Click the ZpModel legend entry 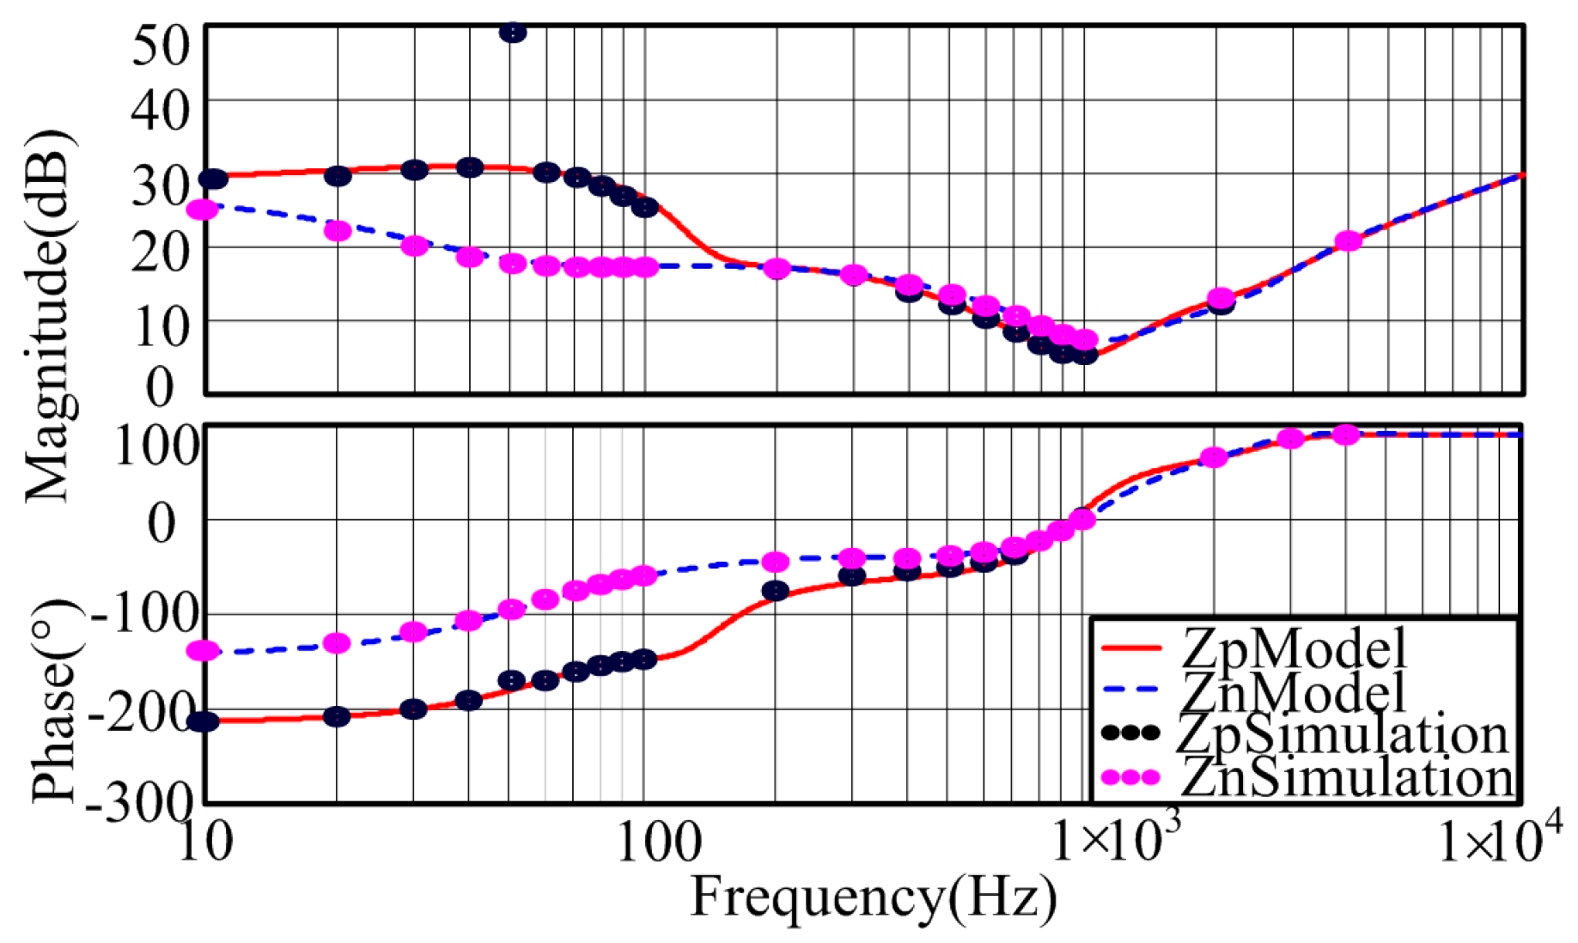[1294, 648]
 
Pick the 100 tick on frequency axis [658, 843]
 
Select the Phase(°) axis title [53, 700]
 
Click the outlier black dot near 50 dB [513, 33]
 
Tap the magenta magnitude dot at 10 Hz [203, 209]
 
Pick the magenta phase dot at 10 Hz [203, 650]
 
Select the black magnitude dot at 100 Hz [644, 207]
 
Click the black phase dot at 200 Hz [776, 591]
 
